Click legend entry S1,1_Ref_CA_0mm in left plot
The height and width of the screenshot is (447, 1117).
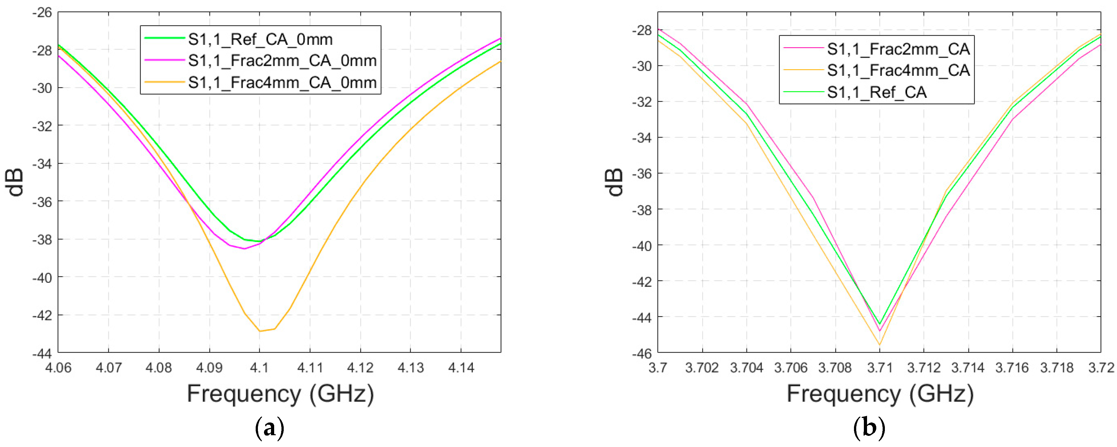click(x=260, y=39)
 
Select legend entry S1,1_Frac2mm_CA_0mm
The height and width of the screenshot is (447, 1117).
click(x=282, y=61)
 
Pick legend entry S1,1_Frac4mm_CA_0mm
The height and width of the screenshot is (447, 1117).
click(x=282, y=82)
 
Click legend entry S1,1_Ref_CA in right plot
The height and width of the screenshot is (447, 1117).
click(x=876, y=92)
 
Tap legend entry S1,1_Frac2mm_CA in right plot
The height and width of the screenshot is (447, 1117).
click(x=898, y=49)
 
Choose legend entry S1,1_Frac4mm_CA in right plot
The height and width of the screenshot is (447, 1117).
click(x=898, y=71)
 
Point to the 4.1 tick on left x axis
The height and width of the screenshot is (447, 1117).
click(x=259, y=368)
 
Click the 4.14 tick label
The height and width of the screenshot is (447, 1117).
click(x=461, y=368)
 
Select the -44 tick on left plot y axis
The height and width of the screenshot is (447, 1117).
click(x=42, y=353)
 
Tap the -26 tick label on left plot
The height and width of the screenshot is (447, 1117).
click(x=42, y=12)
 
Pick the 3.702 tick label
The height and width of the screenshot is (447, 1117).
click(x=702, y=368)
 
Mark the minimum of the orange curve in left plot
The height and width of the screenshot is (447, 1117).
click(x=260, y=331)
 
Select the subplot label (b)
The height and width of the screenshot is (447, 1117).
click(x=869, y=428)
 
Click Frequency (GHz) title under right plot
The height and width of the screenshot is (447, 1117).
click(x=880, y=394)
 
